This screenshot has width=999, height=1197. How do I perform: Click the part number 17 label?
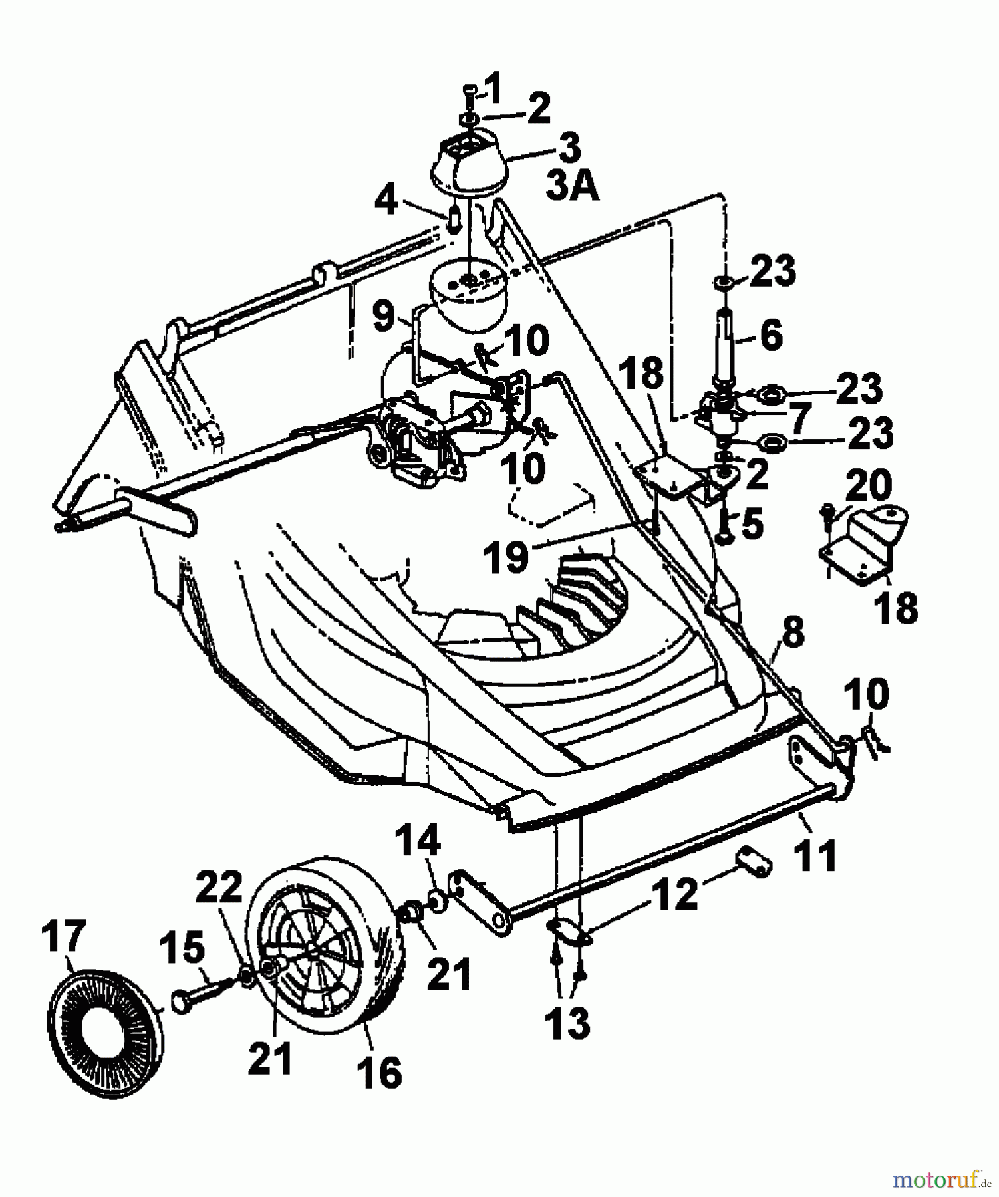point(63,936)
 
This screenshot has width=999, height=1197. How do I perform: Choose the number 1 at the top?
point(494,88)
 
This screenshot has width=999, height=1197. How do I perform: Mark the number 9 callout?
point(384,318)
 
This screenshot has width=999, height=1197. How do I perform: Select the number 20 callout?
point(870,485)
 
